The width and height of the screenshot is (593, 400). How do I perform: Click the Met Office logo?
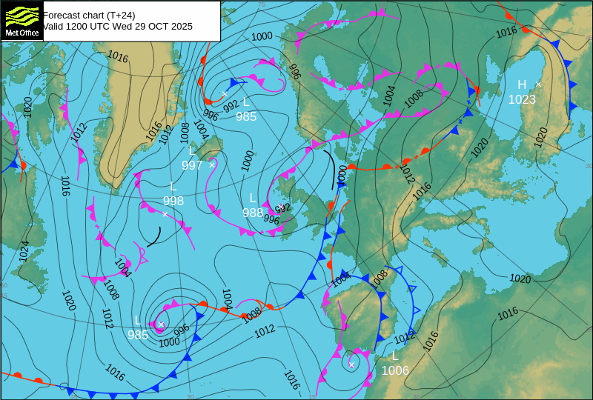[x=21, y=20]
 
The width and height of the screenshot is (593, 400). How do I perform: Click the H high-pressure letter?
[x=522, y=84]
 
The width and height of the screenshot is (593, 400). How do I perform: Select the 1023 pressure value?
[x=522, y=99]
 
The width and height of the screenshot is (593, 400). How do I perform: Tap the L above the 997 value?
[x=192, y=150]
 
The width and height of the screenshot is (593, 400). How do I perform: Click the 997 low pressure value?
[x=191, y=165]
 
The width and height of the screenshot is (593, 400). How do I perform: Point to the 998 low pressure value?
[x=173, y=201]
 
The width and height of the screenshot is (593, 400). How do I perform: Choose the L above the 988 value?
[x=253, y=198]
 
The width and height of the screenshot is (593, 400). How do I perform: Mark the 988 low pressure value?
[x=253, y=213]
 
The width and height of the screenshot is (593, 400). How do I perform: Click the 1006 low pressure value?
[x=395, y=370]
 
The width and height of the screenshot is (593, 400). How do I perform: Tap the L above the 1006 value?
[x=395, y=356]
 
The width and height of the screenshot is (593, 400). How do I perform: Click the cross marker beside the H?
[x=538, y=84]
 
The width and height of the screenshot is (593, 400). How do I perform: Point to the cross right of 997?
[x=212, y=164]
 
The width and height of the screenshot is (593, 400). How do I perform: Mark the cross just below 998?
[x=165, y=214]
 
